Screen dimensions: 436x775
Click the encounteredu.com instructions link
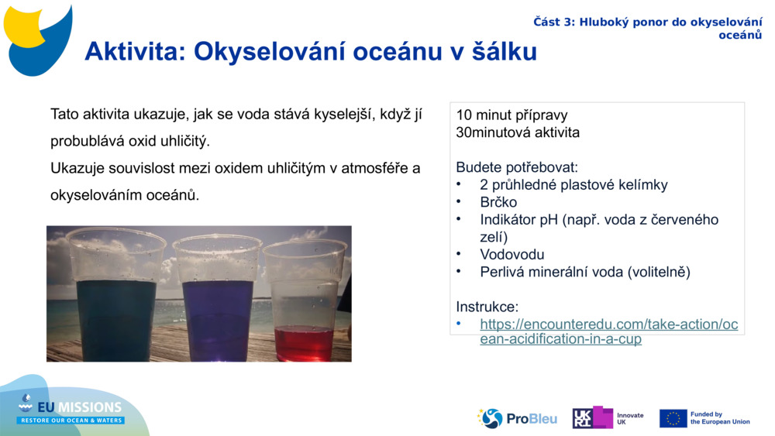tap(608, 331)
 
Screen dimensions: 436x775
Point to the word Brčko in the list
tap(498, 202)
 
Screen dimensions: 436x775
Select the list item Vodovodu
tap(511, 254)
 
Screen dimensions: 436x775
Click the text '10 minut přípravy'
tap(511, 115)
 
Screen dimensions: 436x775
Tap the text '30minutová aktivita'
tap(518, 132)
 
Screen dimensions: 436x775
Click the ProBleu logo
tap(517, 418)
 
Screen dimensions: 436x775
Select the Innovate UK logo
tap(608, 418)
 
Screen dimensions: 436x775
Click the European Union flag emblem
tap(673, 418)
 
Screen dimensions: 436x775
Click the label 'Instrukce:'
tap(487, 307)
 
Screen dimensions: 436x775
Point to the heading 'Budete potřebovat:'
tap(517, 167)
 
